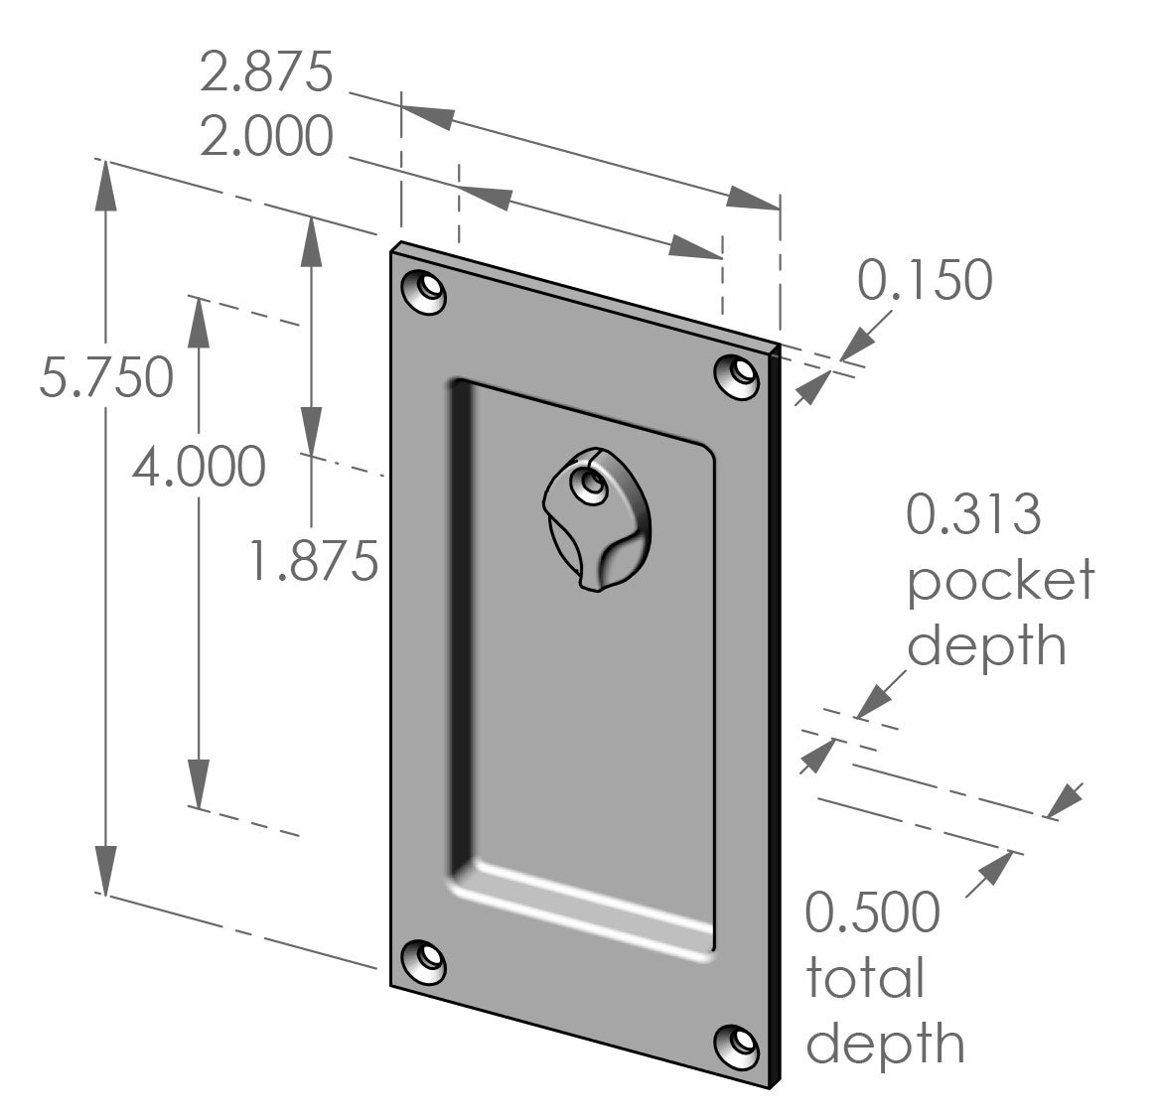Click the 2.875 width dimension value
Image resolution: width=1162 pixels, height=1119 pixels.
pos(265,73)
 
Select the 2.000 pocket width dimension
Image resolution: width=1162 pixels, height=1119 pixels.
pos(265,136)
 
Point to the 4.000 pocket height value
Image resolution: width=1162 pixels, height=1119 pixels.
pos(199,466)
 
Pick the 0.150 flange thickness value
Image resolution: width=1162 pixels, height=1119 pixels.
pos(925,280)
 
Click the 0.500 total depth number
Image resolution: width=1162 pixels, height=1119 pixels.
pos(871,912)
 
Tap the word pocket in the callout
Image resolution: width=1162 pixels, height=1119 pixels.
pos(1000,581)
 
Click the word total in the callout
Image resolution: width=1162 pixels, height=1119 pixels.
pos(864,978)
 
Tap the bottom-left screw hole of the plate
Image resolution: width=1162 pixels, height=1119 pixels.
pos(424,961)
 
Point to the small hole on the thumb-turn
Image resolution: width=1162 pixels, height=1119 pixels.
pos(592,484)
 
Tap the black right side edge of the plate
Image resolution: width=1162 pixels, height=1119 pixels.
pos(775,715)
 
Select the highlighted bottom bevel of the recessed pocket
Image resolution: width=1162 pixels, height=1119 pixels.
pos(586,909)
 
